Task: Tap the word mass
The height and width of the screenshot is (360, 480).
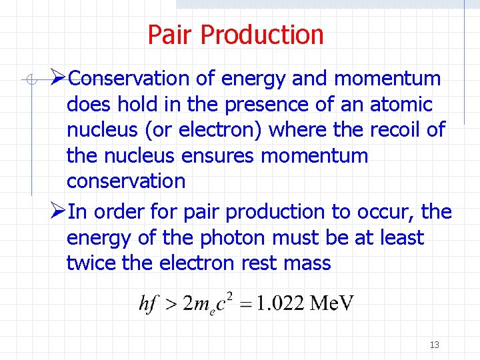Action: [x=307, y=263]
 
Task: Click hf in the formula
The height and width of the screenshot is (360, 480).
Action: [x=149, y=303]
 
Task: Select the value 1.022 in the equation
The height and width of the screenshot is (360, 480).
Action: [x=280, y=303]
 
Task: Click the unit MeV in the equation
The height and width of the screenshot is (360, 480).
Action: [x=332, y=303]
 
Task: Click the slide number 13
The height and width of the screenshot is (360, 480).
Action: [x=435, y=345]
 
